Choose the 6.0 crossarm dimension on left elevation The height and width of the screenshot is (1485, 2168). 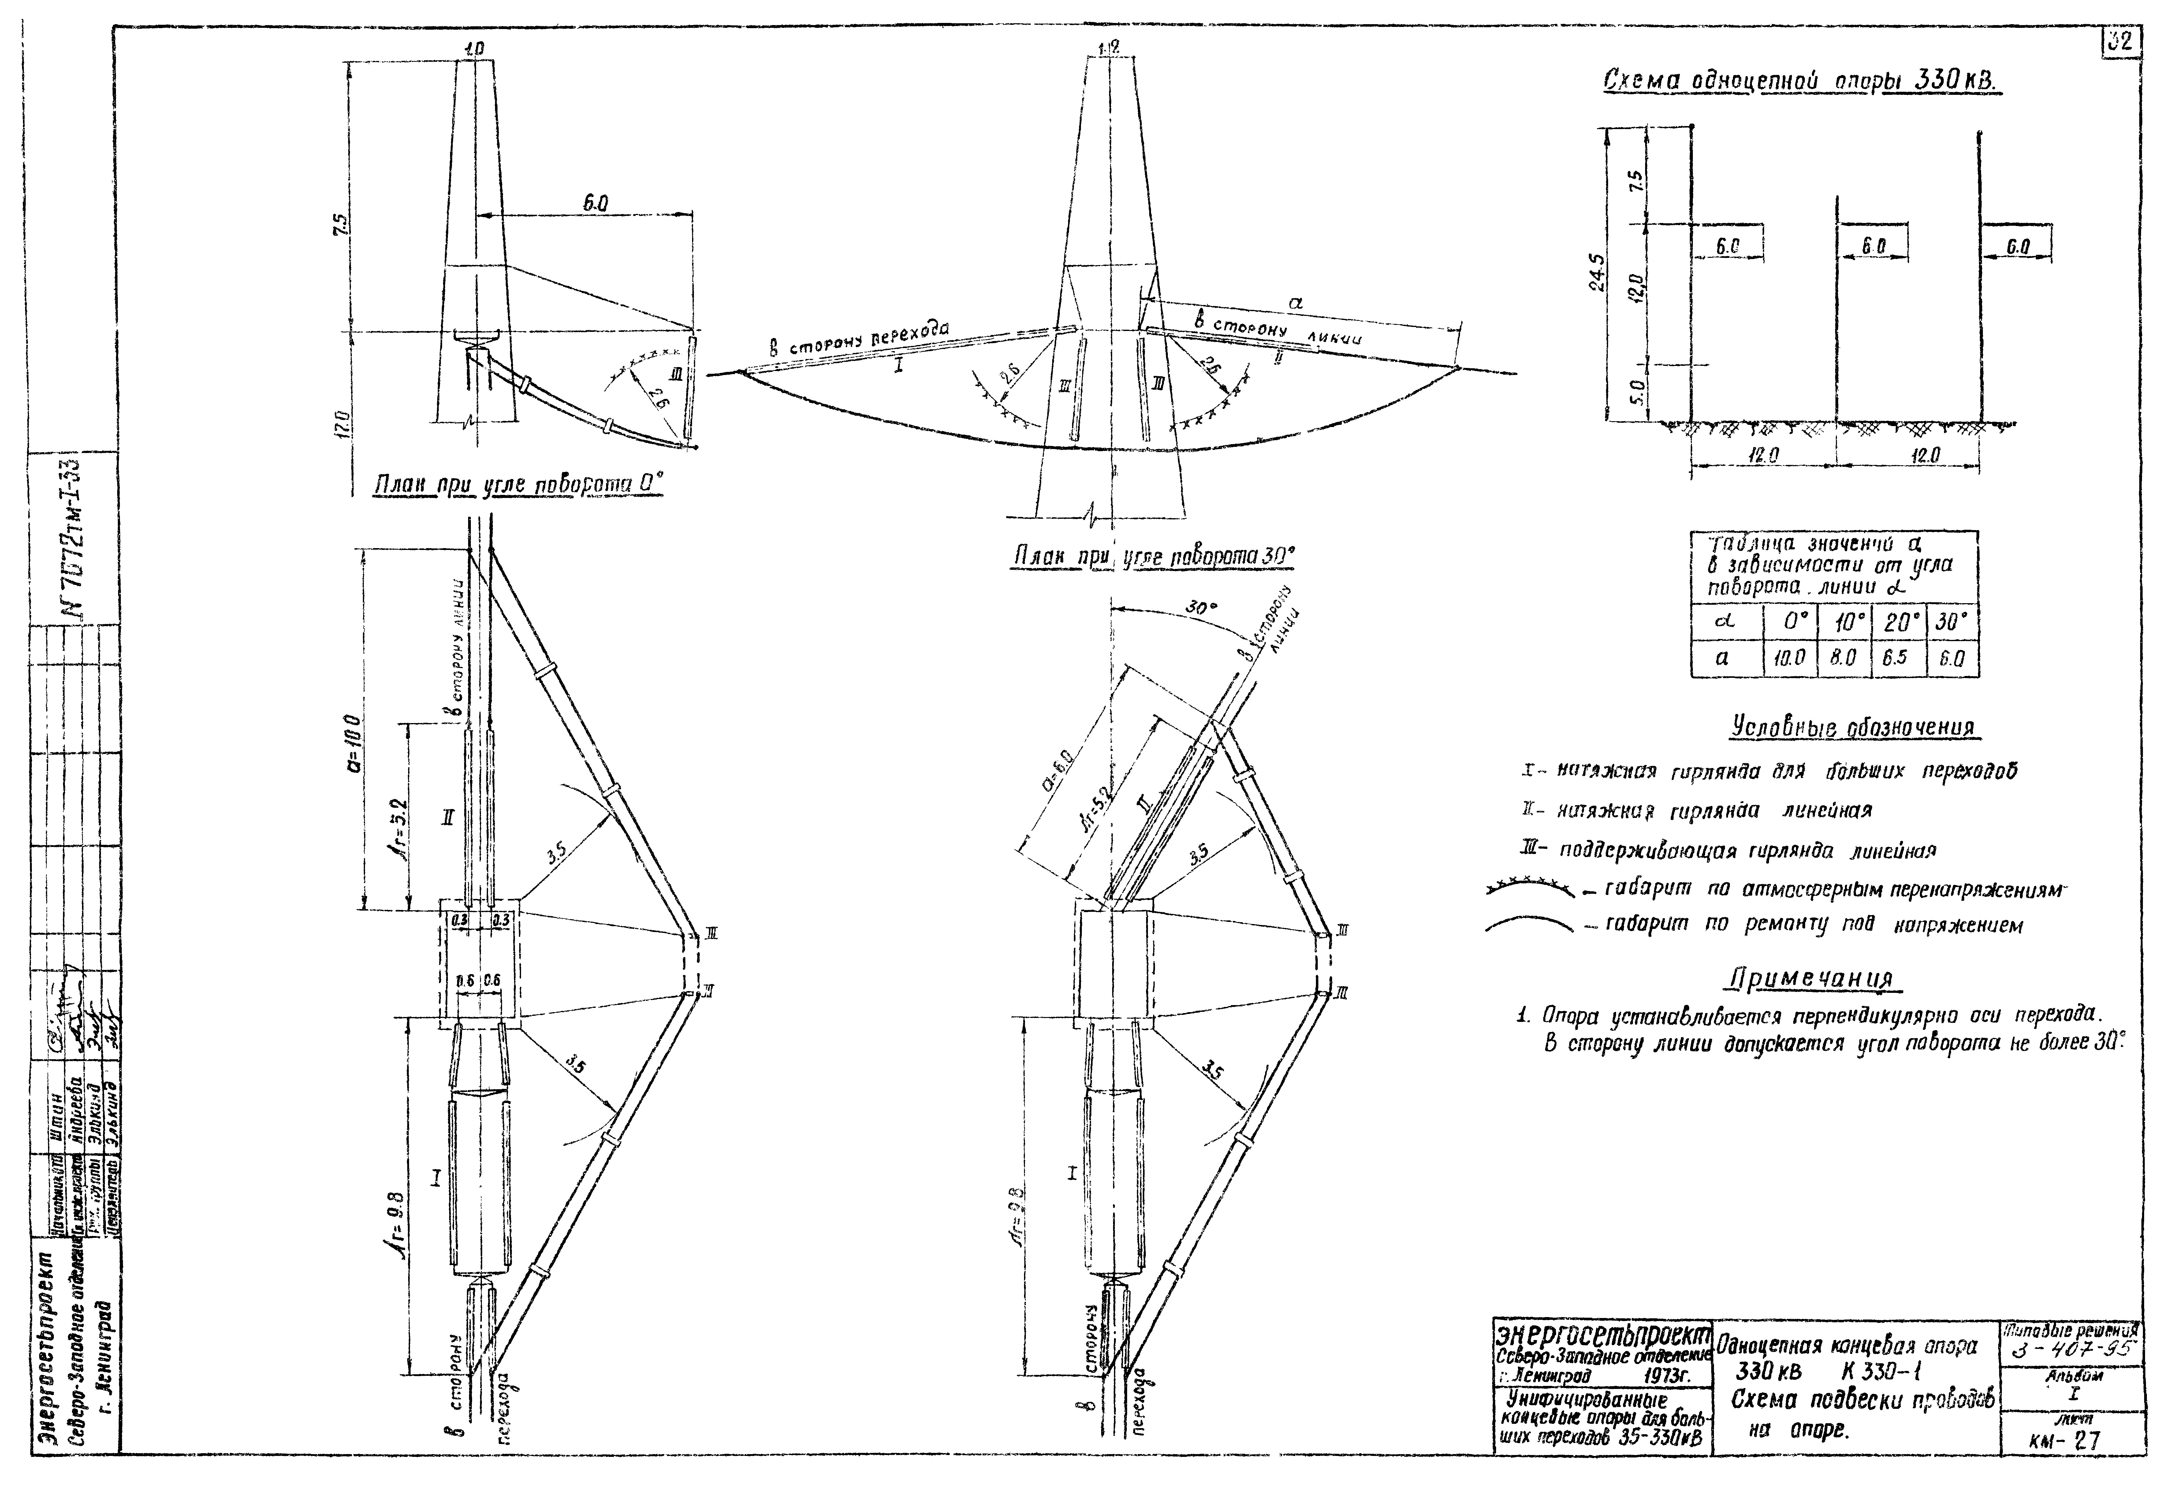(x=591, y=203)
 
